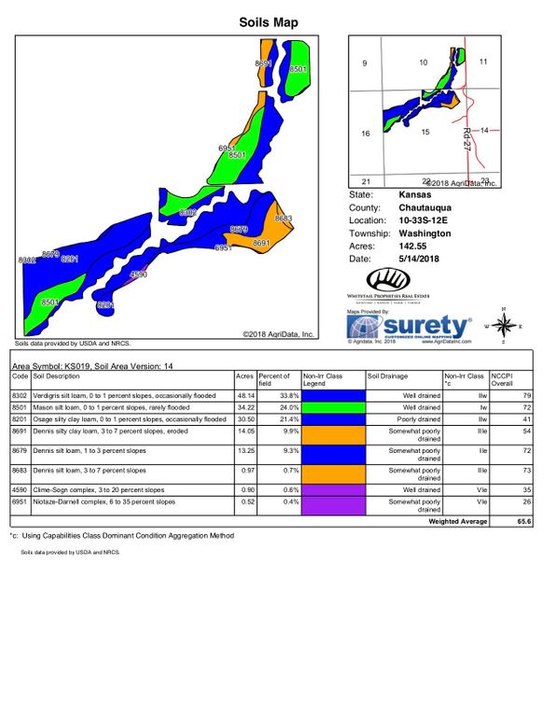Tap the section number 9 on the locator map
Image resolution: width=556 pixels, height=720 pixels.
click(x=366, y=64)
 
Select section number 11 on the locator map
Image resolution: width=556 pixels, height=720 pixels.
click(x=483, y=62)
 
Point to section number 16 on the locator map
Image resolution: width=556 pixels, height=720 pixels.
click(x=366, y=134)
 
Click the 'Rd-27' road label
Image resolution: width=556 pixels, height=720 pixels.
click(x=466, y=140)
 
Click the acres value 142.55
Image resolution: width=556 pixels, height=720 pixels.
click(x=413, y=246)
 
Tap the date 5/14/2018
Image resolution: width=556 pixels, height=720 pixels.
click(x=419, y=259)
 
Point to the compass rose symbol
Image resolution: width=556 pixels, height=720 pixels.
click(x=502, y=325)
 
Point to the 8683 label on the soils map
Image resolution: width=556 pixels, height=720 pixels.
click(x=284, y=219)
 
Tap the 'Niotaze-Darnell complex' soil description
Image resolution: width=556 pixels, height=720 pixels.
click(x=90, y=501)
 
